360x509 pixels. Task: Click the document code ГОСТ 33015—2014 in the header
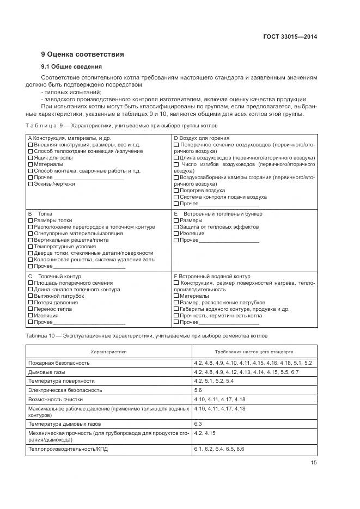290,37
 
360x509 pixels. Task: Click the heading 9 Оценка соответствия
82,54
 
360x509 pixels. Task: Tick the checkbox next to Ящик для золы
30,157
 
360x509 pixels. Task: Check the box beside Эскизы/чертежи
30,184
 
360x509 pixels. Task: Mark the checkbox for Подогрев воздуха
176,191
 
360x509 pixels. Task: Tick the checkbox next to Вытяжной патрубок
30,296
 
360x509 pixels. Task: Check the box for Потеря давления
30,303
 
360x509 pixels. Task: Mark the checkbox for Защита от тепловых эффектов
176,227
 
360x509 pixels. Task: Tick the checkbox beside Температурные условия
30,247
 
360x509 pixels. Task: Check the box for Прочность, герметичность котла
176,316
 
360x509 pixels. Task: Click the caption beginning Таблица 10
147,335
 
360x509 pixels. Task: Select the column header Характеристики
108,352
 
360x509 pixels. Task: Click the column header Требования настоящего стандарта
254,352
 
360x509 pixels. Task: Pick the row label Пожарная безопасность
59,363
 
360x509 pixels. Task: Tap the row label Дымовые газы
46,372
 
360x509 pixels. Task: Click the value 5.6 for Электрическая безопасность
198,390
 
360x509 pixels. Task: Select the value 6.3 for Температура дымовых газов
198,423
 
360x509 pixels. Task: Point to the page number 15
313,463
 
